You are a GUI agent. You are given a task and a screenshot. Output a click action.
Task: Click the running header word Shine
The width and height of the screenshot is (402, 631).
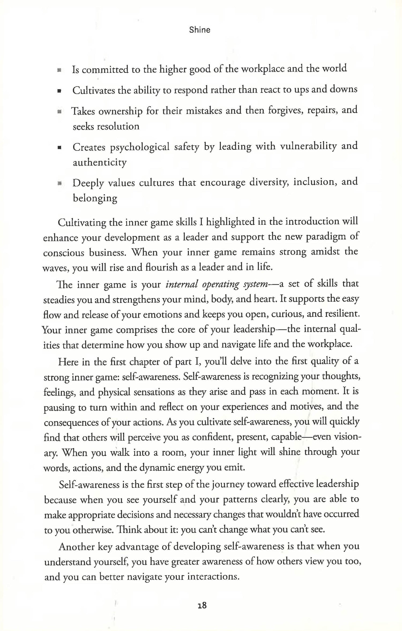pyautogui.click(x=200, y=30)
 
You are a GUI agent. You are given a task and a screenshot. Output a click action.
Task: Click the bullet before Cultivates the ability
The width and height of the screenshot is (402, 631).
pyautogui.click(x=59, y=91)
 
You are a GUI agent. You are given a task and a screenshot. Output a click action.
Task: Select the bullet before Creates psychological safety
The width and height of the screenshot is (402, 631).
pyautogui.click(x=59, y=147)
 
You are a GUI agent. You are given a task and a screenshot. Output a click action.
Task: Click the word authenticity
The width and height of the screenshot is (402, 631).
pyautogui.click(x=100, y=163)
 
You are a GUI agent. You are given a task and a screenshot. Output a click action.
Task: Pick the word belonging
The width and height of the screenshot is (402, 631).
pyautogui.click(x=95, y=198)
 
